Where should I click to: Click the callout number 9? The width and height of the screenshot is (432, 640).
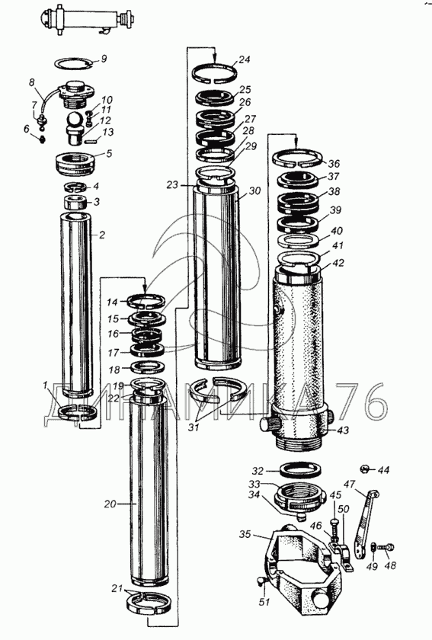click(x=104, y=59)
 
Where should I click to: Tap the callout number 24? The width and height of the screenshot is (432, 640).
click(x=244, y=59)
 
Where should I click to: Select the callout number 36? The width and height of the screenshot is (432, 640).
click(x=334, y=164)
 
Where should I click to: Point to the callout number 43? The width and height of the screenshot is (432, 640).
click(x=343, y=430)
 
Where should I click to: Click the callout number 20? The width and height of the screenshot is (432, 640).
click(x=110, y=504)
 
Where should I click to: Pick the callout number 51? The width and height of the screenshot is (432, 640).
click(x=264, y=602)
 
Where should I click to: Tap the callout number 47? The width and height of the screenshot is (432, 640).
click(x=350, y=485)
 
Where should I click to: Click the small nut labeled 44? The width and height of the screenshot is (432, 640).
click(x=366, y=469)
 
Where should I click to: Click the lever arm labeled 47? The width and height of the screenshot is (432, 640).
click(x=366, y=524)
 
